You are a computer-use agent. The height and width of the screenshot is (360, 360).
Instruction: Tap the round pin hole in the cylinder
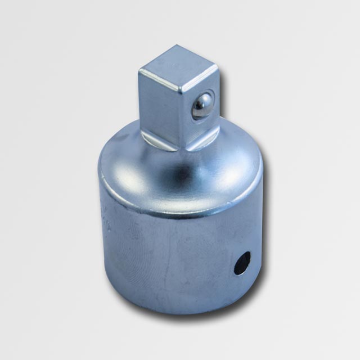(242, 263)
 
